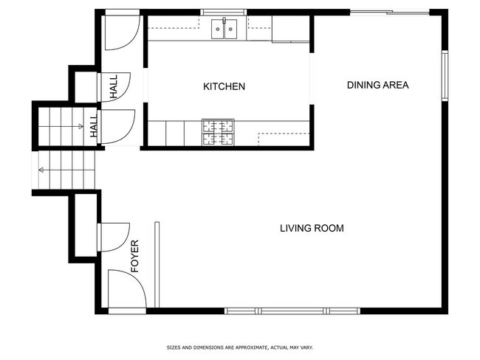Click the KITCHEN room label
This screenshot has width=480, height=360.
224,87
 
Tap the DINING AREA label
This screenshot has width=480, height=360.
377,85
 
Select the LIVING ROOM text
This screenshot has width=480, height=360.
312,228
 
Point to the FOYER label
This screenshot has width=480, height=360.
136,256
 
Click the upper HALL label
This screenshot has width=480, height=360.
114,87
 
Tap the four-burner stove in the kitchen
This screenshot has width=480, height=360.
218,132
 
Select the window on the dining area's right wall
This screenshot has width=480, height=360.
445,75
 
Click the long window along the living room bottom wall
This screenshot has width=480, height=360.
292,311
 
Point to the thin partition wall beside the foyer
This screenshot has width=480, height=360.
156,265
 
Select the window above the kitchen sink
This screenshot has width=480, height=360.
224,12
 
